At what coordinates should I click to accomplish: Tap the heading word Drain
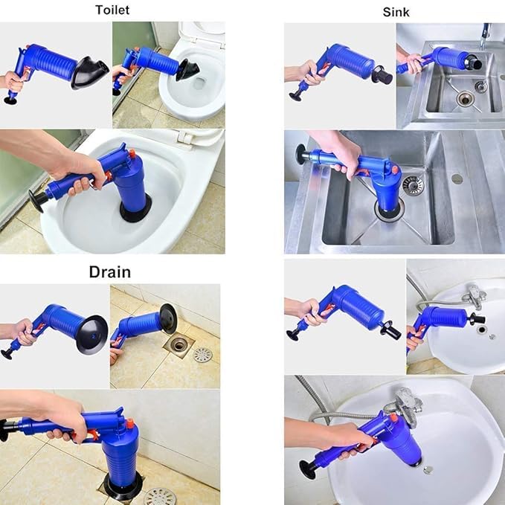110,271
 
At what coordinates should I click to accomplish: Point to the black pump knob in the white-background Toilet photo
10,98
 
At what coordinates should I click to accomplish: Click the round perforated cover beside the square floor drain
202,355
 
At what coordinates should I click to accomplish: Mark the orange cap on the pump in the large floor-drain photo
128,424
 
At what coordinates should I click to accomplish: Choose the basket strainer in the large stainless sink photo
411,184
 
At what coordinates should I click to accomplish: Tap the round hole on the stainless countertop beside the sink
456,178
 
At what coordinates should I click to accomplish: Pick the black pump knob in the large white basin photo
306,470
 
